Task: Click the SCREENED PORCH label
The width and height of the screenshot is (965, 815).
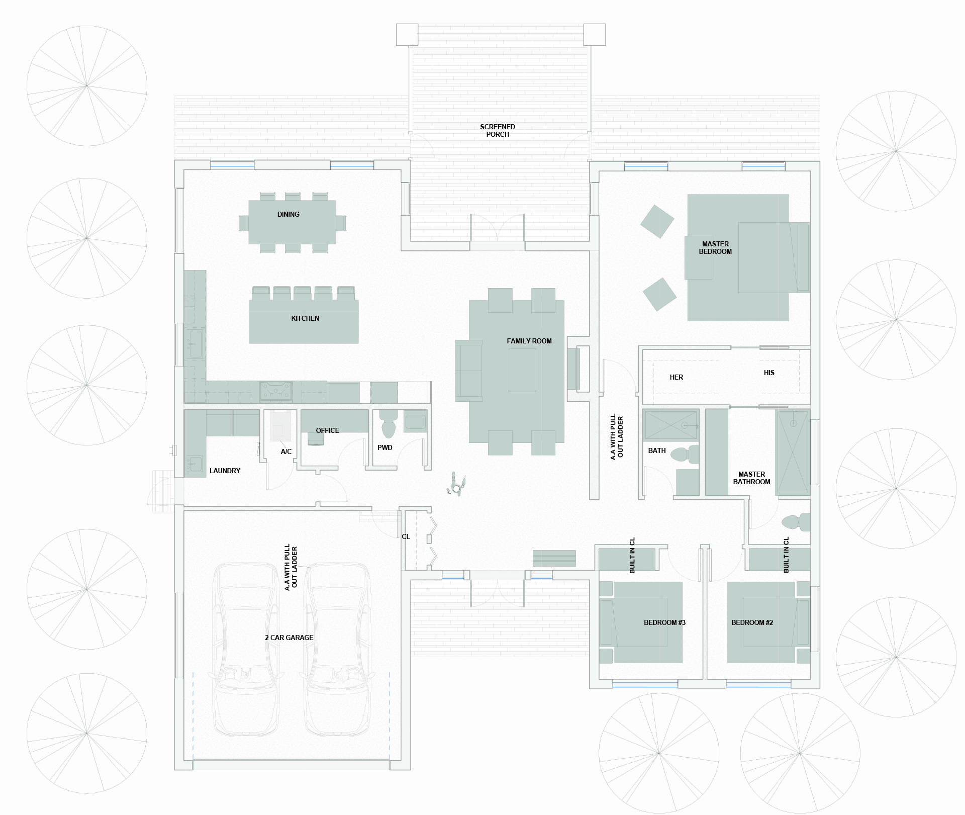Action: [498, 131]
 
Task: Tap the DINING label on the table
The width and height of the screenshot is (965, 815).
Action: [288, 214]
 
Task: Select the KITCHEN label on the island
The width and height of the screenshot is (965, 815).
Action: [305, 318]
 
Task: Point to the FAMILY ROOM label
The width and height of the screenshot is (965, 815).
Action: [529, 341]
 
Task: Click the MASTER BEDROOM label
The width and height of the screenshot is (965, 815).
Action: [715, 248]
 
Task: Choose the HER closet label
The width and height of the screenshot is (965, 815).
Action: [677, 377]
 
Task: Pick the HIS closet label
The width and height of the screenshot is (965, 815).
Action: [769, 373]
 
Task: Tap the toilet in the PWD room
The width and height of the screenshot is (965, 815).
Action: [389, 424]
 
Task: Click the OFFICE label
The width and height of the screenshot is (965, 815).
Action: [327, 430]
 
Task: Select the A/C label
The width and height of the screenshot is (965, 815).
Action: [286, 451]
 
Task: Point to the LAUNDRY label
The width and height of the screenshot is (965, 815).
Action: [225, 471]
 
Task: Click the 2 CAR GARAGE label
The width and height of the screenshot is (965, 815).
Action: [289, 638]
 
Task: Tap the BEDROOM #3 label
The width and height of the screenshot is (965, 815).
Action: [664, 622]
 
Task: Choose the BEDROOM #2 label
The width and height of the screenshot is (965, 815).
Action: [752, 622]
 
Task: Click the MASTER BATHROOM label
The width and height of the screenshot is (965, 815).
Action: [751, 478]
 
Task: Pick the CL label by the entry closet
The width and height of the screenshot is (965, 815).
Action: [406, 536]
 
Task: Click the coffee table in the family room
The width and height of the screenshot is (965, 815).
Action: [522, 370]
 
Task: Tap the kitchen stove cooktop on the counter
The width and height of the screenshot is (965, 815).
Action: [276, 392]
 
